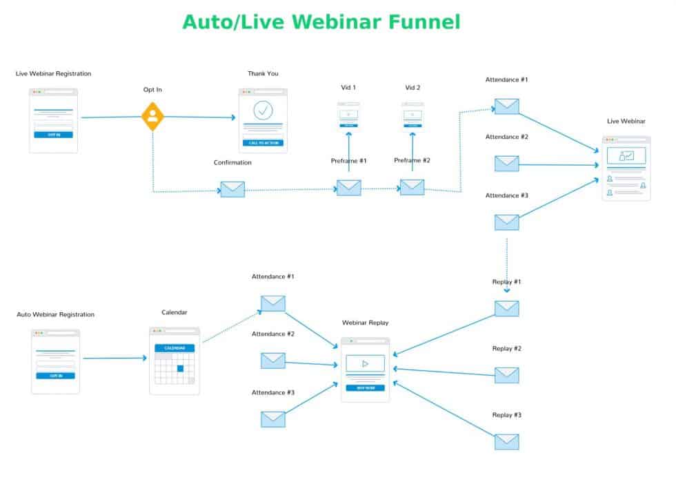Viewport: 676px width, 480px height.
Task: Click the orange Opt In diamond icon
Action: click(152, 117)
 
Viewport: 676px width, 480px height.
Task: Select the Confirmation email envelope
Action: click(232, 189)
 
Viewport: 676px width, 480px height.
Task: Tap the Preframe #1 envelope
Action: click(348, 187)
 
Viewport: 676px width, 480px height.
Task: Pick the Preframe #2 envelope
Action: click(412, 186)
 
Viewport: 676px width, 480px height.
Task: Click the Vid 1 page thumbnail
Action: click(348, 116)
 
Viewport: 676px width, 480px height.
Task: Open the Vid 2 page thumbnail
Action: click(412, 115)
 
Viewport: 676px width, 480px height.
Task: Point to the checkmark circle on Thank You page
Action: click(263, 110)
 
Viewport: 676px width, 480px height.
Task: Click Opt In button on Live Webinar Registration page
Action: click(54, 134)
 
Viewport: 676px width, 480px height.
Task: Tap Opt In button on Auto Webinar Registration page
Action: click(55, 376)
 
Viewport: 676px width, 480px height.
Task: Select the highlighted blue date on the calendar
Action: click(181, 368)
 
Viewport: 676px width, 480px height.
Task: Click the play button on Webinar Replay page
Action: click(365, 363)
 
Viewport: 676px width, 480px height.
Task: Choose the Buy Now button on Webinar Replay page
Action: click(365, 388)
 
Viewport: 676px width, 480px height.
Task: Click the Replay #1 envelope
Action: click(506, 308)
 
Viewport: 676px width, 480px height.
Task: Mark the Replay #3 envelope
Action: click(506, 441)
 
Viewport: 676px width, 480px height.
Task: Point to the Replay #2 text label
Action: click(506, 349)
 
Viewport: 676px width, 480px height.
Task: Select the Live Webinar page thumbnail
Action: click(626, 168)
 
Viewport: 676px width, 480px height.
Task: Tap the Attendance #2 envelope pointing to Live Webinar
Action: click(506, 164)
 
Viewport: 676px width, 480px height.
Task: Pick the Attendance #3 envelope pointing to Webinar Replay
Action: click(273, 419)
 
